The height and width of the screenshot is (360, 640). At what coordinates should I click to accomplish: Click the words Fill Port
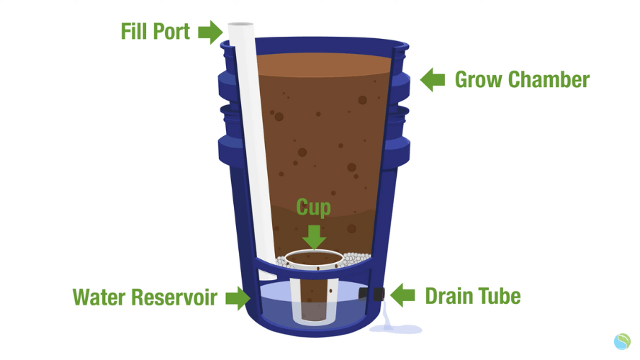[x=156, y=32]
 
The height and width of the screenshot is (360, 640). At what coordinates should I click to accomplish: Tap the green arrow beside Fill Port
[x=211, y=32]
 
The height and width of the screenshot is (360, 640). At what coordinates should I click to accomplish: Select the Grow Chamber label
[x=522, y=80]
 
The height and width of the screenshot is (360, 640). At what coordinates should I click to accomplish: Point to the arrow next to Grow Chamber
[x=432, y=80]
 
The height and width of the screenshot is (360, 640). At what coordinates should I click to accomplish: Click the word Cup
[x=313, y=208]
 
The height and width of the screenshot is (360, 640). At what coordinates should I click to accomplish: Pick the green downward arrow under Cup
[x=314, y=237]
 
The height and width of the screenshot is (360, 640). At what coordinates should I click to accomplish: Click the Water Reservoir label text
[x=145, y=297]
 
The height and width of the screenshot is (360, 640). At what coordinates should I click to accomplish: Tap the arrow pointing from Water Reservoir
[x=238, y=297]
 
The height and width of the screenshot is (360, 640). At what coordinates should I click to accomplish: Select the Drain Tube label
[x=473, y=296]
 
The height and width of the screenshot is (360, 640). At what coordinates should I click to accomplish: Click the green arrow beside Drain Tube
[x=402, y=294]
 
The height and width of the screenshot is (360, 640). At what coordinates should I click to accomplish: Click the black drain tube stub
[x=372, y=294]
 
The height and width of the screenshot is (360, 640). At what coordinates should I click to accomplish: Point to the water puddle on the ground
[x=396, y=328]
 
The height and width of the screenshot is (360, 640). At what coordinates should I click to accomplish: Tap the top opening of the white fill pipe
[x=241, y=24]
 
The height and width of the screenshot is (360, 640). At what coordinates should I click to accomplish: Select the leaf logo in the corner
[x=622, y=341]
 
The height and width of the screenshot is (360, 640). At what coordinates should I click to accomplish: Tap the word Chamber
[x=549, y=80]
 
